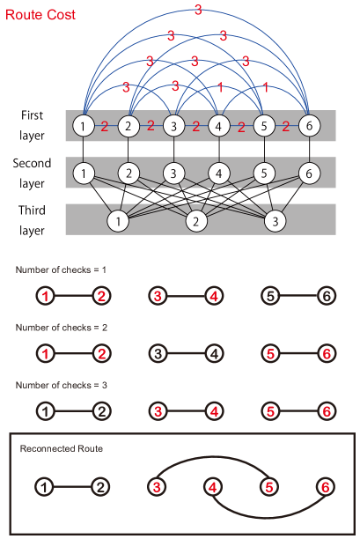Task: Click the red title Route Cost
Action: click(40, 15)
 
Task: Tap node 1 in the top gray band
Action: click(83, 125)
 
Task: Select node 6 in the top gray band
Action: click(309, 125)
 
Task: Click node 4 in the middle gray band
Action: click(219, 172)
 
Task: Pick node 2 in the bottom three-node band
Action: click(197, 220)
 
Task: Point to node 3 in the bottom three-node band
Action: click(276, 220)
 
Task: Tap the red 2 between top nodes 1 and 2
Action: click(105, 126)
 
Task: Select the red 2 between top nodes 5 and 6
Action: click(286, 126)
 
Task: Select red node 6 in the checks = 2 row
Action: click(327, 354)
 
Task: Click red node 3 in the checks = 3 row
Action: click(158, 411)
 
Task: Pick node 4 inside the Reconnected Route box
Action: click(214, 486)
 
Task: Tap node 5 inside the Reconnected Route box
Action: click(269, 486)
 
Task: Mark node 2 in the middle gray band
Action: click(129, 172)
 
